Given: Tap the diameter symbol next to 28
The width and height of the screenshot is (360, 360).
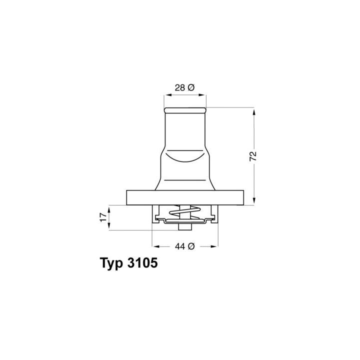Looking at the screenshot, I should pyautogui.click(x=191, y=87).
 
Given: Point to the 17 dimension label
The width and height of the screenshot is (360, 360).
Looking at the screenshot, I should pyautogui.click(x=103, y=217).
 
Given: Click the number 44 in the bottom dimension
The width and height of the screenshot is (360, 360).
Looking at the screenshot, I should pyautogui.click(x=179, y=246).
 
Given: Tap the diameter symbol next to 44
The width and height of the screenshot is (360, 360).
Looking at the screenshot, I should pyautogui.click(x=191, y=246).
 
